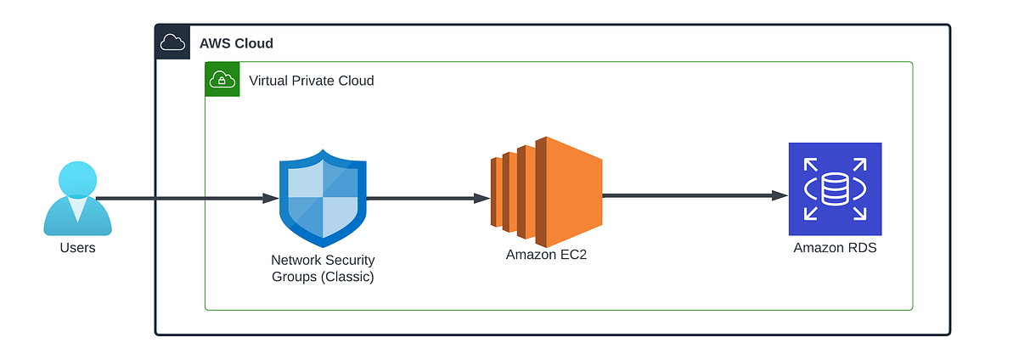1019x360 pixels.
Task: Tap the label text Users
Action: tap(77, 248)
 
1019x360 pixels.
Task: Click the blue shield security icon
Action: tap(323, 197)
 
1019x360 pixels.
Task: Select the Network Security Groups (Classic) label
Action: tap(323, 267)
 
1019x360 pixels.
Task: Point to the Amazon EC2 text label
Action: tap(546, 255)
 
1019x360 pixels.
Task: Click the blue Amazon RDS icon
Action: tap(835, 188)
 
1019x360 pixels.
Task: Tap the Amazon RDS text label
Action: tap(835, 248)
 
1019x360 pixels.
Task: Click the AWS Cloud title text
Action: tap(236, 43)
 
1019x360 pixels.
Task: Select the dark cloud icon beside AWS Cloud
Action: tap(172, 42)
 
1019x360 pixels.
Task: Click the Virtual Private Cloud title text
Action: tap(311, 81)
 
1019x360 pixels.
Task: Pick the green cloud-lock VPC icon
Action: tap(222, 80)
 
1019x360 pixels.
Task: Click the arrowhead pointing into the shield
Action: tap(271, 199)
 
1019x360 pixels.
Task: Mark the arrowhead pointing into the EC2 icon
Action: tap(481, 199)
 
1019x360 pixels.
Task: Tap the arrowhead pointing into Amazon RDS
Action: tap(780, 195)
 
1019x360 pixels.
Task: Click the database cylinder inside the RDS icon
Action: tap(835, 188)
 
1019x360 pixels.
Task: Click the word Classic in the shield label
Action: tap(348, 276)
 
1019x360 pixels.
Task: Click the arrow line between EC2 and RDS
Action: tap(688, 195)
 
